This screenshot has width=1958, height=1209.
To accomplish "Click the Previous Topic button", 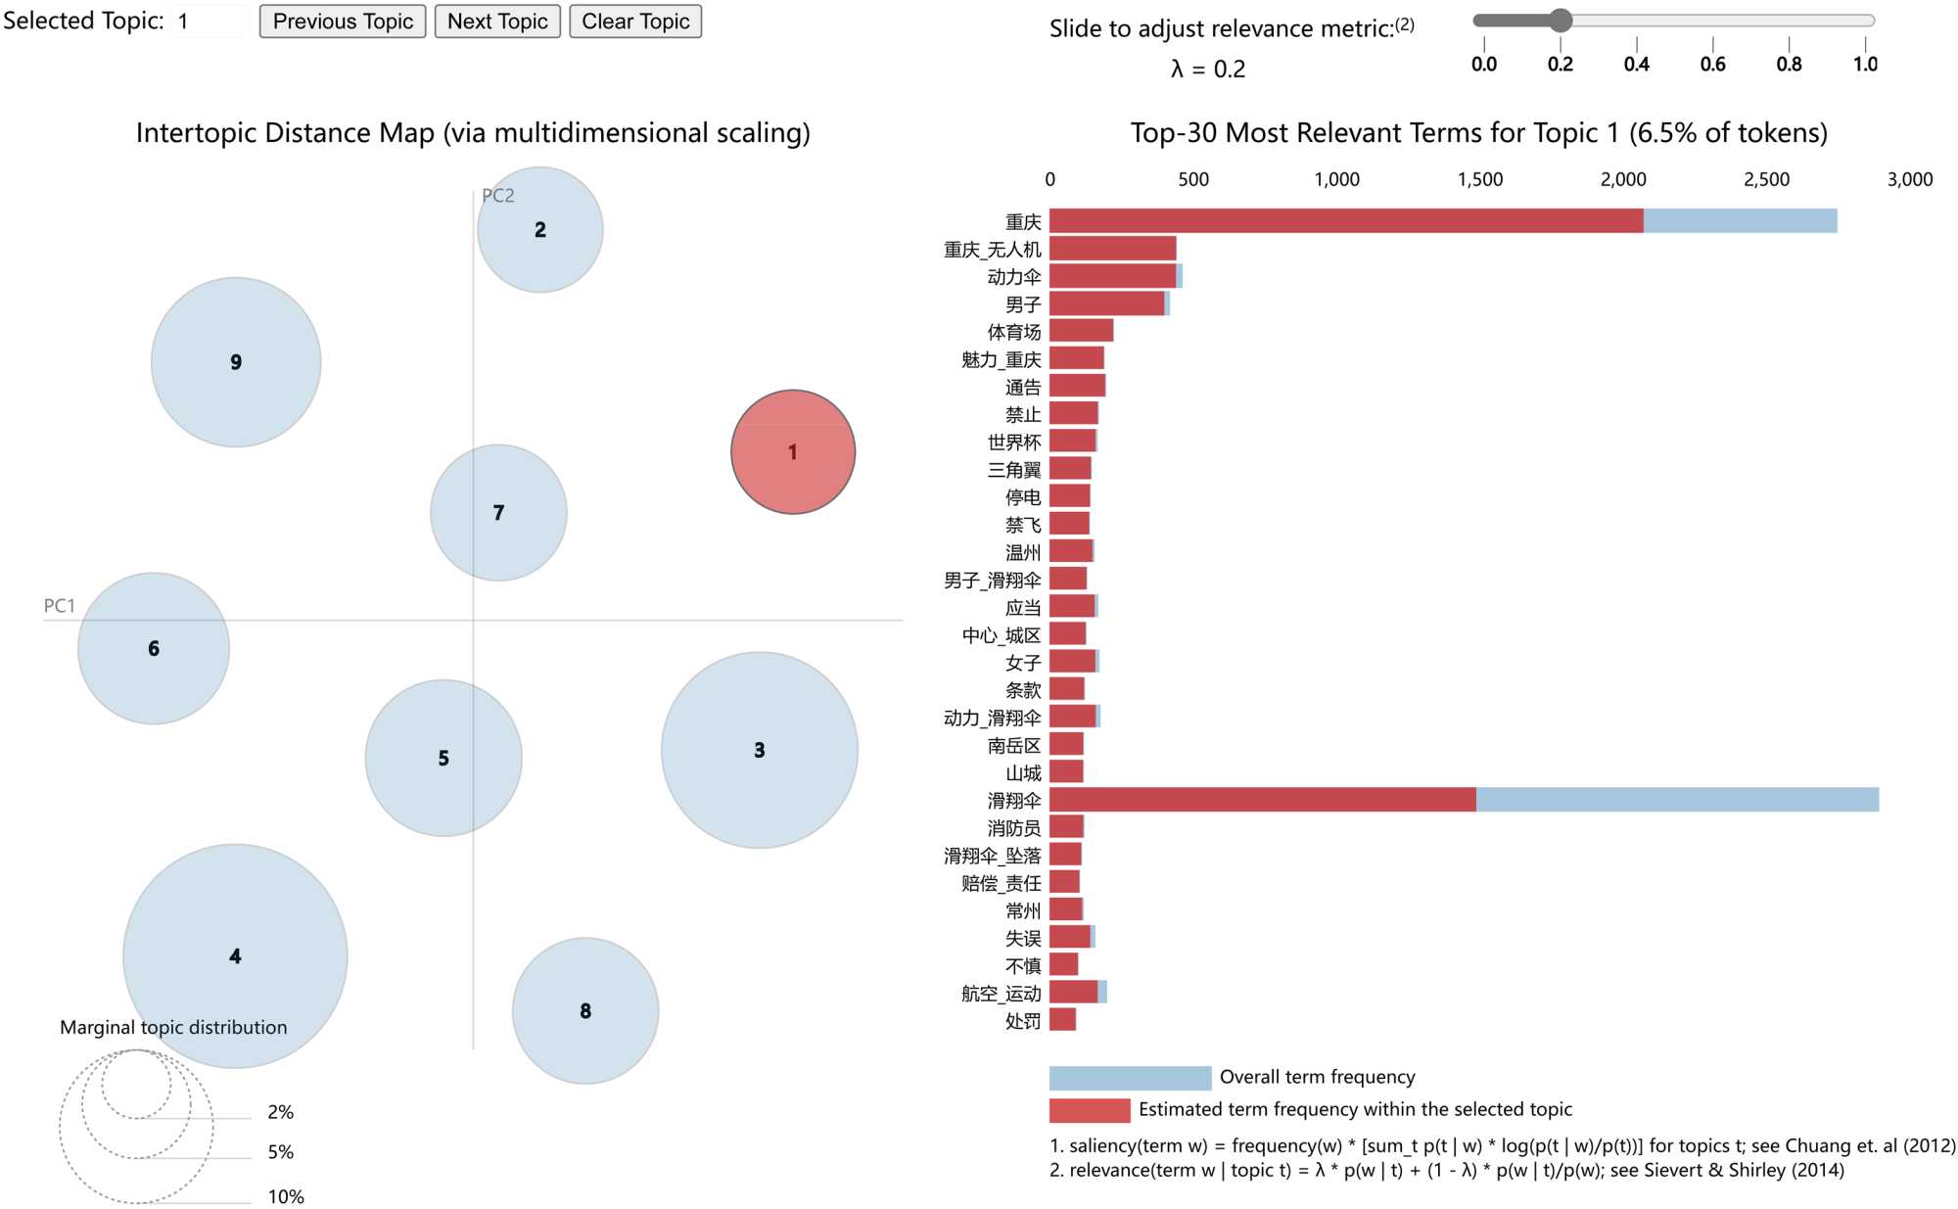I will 343,22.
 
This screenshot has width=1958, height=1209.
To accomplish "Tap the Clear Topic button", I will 635,22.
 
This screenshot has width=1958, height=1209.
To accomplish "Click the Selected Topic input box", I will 210,22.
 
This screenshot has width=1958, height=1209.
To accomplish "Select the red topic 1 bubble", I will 793,452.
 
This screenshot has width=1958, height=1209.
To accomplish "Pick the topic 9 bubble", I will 236,362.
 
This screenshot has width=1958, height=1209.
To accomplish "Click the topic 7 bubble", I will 498,513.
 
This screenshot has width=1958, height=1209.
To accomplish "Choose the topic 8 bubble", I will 585,1011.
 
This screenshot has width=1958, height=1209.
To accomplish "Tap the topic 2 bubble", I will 540,230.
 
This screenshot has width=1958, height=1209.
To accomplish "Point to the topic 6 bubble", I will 154,648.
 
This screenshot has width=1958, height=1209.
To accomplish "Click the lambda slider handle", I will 1561,21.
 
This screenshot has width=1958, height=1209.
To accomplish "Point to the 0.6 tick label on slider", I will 1712,65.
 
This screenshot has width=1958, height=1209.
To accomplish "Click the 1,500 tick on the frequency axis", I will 1479,179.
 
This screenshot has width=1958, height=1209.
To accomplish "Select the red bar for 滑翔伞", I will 1262,800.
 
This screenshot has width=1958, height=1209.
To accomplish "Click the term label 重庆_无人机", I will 992,250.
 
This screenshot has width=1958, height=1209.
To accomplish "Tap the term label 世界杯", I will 1013,442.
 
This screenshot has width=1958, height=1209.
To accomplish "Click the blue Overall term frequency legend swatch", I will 1130,1078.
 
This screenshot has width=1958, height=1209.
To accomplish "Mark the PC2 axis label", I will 498,196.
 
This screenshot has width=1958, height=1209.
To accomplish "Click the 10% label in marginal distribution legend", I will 286,1196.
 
